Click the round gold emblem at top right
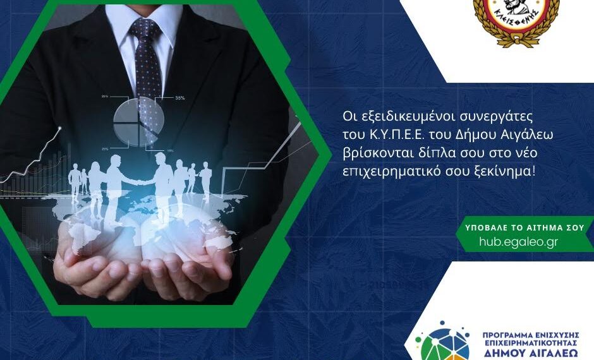coord(516,19)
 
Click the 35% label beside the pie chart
coord(179,98)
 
